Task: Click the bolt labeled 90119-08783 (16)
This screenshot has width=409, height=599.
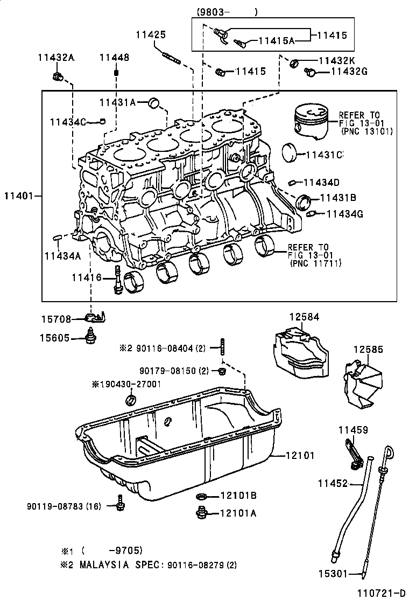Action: pos(119,506)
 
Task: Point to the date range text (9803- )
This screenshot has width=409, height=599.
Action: pos(227,12)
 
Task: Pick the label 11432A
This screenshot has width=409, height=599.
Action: pos(56,58)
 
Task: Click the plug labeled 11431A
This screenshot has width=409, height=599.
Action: pos(154,102)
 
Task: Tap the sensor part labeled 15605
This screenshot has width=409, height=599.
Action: pos(92,337)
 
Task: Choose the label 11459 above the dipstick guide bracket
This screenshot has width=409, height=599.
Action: pos(353,429)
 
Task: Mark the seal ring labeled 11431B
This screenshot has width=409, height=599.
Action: pos(305,202)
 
